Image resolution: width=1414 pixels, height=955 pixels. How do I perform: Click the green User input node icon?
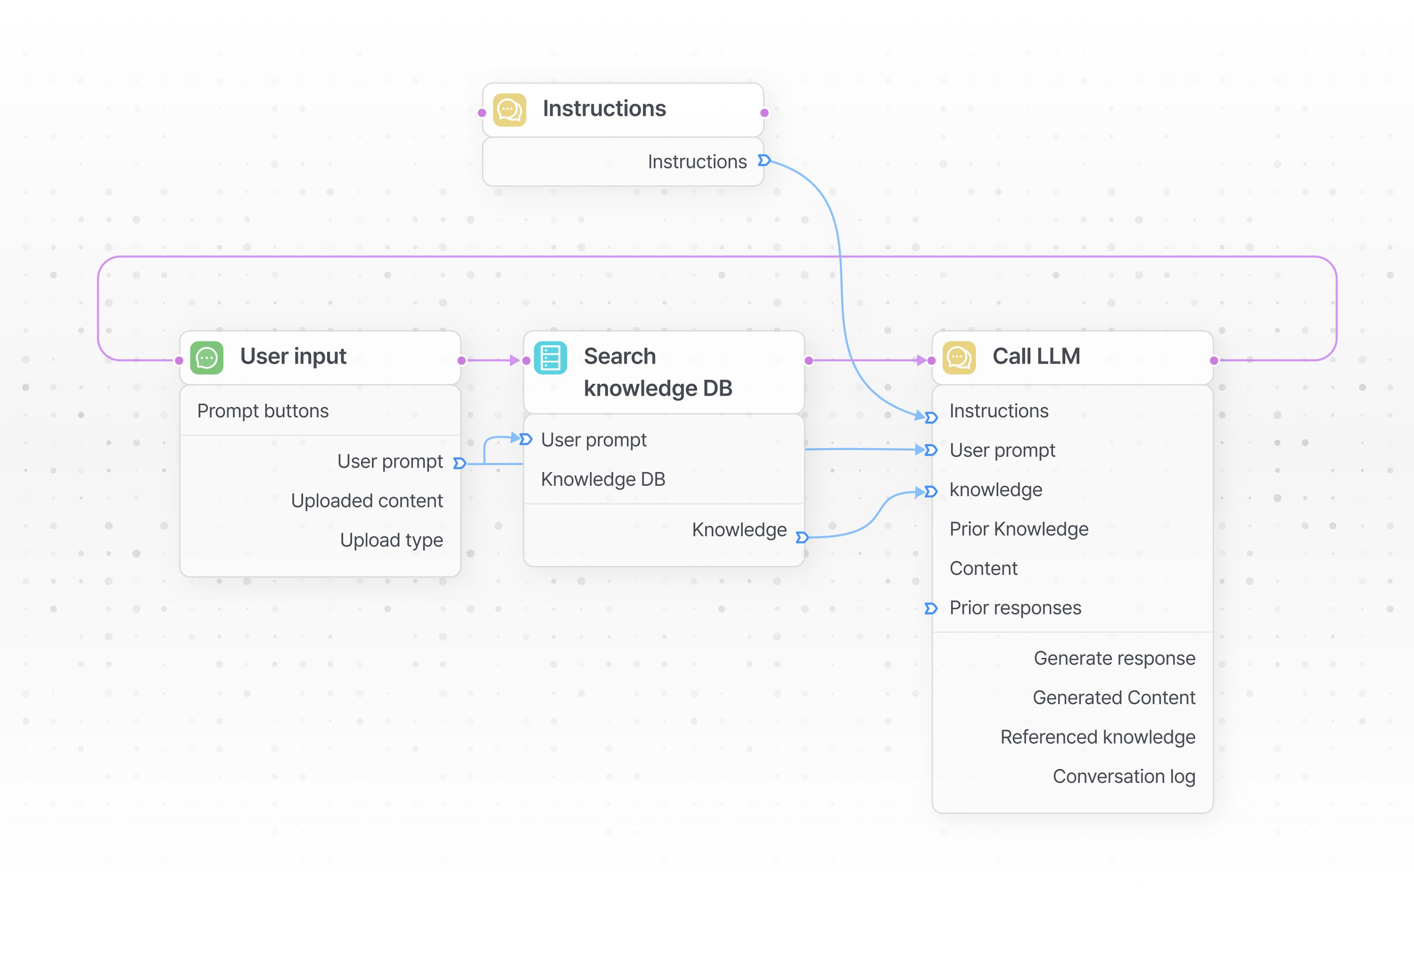(207, 357)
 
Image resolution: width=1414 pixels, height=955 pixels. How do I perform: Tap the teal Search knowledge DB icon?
(551, 357)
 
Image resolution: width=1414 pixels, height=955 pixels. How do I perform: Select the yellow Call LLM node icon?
(959, 357)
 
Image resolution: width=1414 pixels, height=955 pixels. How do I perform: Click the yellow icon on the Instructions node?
(509, 109)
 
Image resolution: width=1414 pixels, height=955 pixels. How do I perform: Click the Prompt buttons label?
(263, 411)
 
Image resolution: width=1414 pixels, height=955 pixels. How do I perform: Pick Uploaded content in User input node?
(367, 500)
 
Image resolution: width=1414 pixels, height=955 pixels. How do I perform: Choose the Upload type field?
(391, 540)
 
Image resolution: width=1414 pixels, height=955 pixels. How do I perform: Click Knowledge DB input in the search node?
(603, 479)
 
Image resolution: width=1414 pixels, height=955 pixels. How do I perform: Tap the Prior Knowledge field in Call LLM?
(1019, 529)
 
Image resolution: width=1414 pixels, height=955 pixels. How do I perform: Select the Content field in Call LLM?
(983, 568)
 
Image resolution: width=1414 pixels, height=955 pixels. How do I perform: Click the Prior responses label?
(1015, 607)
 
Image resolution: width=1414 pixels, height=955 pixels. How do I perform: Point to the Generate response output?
(1115, 658)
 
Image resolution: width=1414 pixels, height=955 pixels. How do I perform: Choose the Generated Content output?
(1114, 698)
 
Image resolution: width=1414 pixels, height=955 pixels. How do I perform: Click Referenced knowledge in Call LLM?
(1098, 737)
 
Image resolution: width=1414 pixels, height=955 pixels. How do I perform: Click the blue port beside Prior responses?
(930, 608)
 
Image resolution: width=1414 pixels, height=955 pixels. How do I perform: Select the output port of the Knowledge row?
(802, 537)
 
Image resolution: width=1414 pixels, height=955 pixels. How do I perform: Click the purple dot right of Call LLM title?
(1214, 360)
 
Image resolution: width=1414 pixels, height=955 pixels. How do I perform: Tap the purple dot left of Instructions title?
(482, 113)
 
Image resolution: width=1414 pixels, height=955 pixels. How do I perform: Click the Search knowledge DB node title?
(658, 372)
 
